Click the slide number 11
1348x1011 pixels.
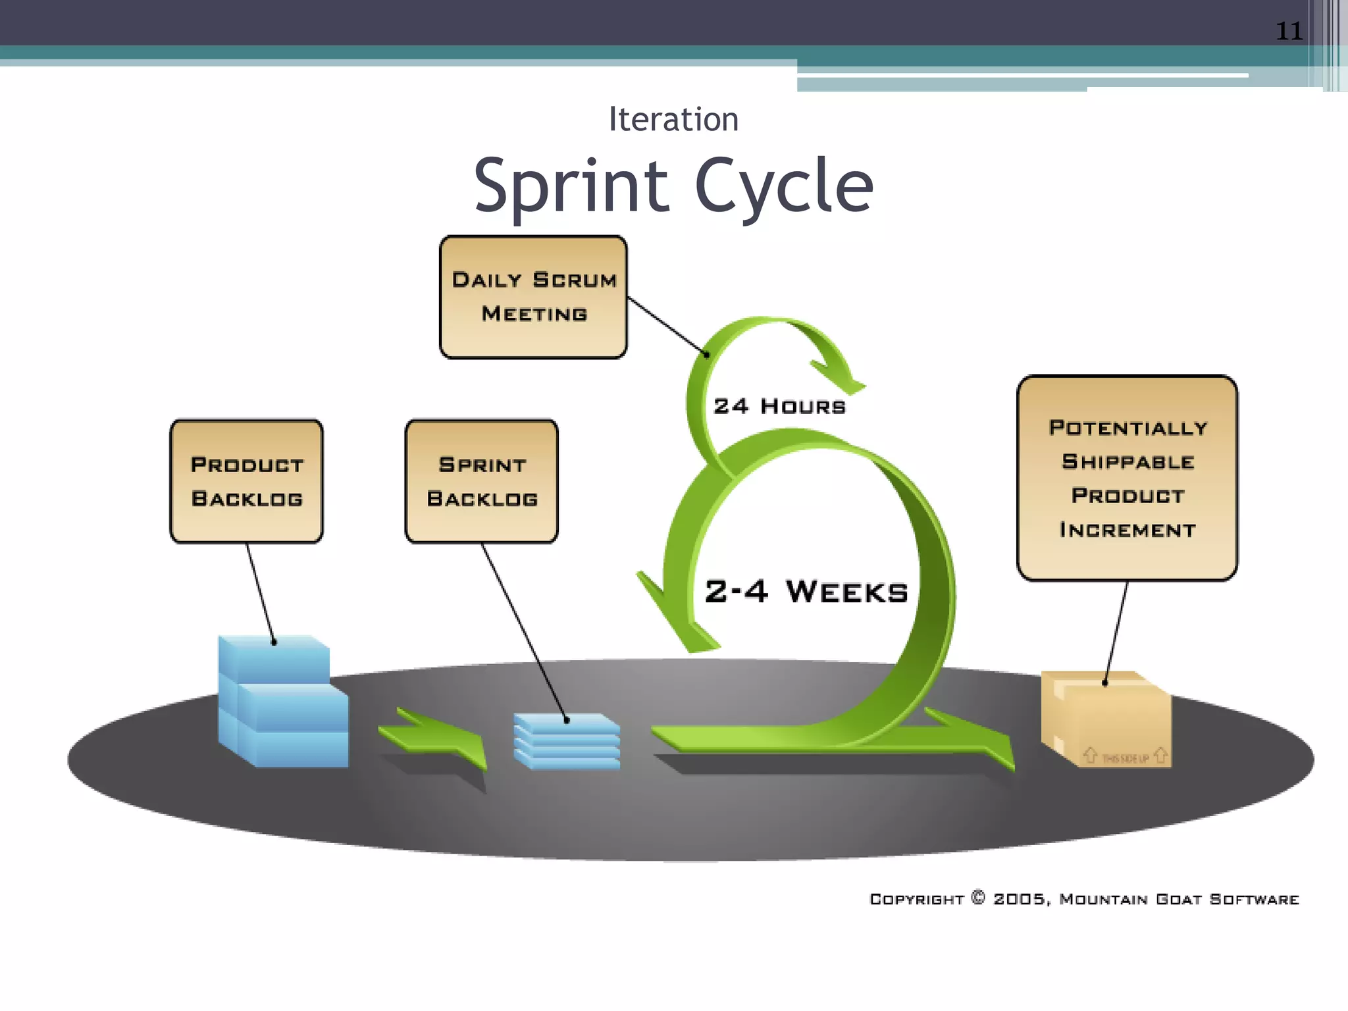pyautogui.click(x=1289, y=31)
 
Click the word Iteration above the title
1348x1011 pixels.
pyautogui.click(x=673, y=120)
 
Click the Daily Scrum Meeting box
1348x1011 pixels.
pyautogui.click(x=533, y=297)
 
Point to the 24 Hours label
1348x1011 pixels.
pyautogui.click(x=779, y=406)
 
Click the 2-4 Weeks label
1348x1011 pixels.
pyautogui.click(x=806, y=591)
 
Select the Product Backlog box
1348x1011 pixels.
pyautogui.click(x=246, y=481)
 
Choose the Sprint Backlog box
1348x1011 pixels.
pyautogui.click(x=482, y=481)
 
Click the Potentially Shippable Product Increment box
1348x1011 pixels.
pyautogui.click(x=1127, y=478)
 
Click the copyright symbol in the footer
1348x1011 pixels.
pyautogui.click(x=978, y=898)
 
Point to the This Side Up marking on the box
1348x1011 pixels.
pyautogui.click(x=1125, y=758)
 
